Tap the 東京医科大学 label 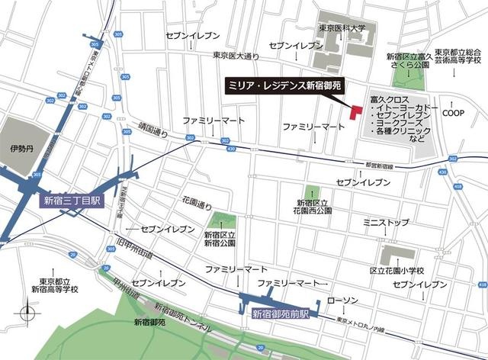(341, 29)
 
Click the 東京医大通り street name (236, 55)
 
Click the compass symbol (28, 313)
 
